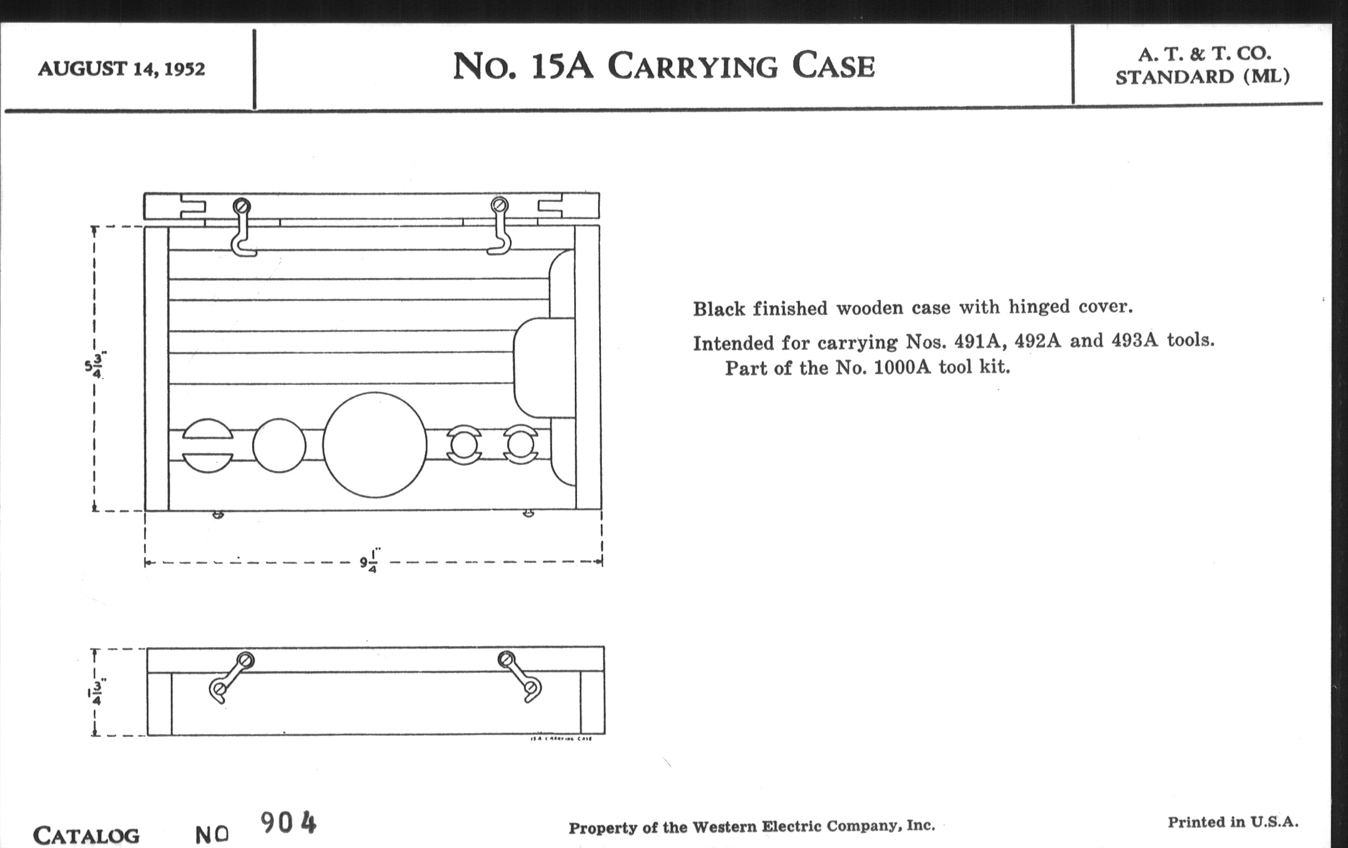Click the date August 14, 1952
click(x=121, y=69)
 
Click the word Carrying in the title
click(x=692, y=67)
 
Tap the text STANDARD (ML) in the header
click(x=1202, y=76)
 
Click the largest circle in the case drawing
click(x=375, y=445)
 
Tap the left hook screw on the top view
click(x=242, y=206)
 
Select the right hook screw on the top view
click(x=499, y=205)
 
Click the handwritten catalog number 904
click(x=288, y=823)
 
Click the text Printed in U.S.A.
click(x=1232, y=823)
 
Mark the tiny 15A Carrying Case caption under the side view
click(x=560, y=739)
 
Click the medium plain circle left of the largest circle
click(x=279, y=446)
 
